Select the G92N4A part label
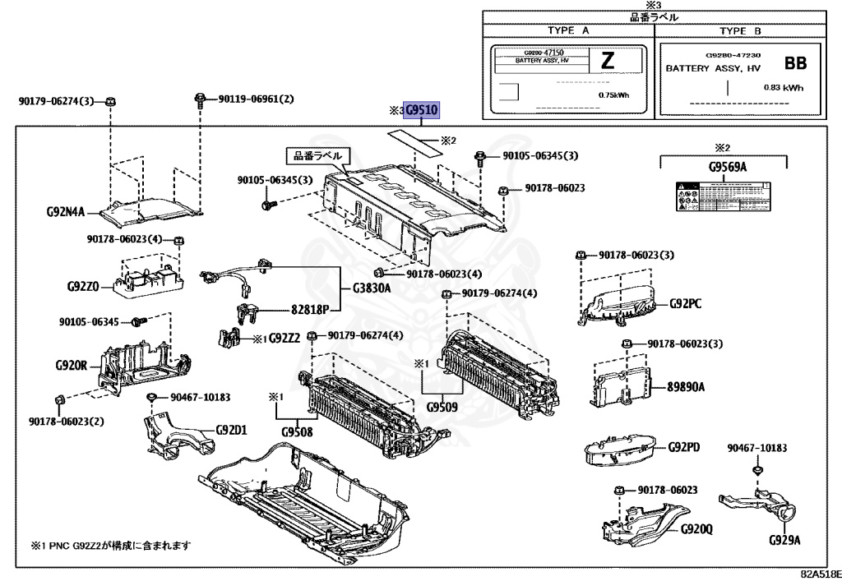66,212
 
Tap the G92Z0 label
83,287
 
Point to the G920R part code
72,364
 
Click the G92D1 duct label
232,429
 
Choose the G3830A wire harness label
372,288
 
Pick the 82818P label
308,310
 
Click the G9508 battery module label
297,431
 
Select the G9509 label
442,407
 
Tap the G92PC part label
685,303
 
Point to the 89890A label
686,385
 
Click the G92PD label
684,447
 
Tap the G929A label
785,540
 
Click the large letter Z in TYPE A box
608,61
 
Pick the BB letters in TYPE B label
795,62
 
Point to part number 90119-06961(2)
256,99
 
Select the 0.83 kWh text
783,88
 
